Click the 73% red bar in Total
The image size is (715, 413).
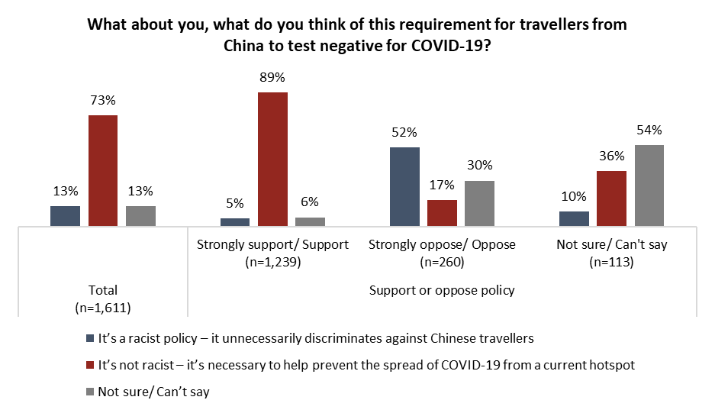point(103,171)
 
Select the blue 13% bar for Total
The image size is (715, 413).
point(65,216)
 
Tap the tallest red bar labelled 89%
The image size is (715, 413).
point(272,159)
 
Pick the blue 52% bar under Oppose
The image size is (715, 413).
point(404,187)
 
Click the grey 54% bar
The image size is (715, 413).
point(649,186)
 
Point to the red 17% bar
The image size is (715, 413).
point(442,213)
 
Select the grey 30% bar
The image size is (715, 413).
point(480,204)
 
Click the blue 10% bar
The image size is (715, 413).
point(574,218)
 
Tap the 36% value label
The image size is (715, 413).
point(612,156)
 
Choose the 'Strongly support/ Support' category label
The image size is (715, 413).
point(272,245)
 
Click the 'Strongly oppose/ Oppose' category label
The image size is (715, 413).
point(442,245)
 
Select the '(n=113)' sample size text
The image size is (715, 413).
point(612,262)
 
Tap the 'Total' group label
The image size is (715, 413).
point(103,290)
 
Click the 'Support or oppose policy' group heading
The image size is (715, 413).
point(442,290)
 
